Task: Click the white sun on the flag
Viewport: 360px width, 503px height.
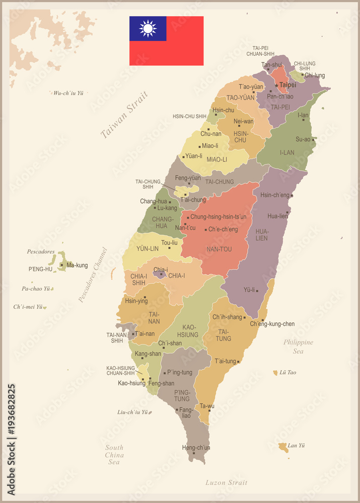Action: point(148,29)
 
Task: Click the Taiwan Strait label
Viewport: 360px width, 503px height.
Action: point(124,115)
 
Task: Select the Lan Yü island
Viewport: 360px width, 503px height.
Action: point(283,447)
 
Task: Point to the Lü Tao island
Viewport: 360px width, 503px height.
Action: point(275,373)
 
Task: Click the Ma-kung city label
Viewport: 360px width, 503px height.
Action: point(77,265)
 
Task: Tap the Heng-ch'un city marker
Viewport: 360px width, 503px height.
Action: point(193,453)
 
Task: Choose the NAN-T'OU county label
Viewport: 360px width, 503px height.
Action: point(219,249)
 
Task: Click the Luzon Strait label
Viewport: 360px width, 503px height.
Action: point(226,483)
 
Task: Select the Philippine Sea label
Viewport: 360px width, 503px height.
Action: point(298,347)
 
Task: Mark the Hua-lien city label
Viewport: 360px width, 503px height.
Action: point(277,216)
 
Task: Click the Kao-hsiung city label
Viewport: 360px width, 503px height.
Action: point(131,383)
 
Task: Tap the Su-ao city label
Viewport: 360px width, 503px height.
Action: point(303,139)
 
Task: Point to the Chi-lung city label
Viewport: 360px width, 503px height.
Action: point(315,75)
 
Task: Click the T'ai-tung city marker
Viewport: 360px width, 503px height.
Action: point(238,362)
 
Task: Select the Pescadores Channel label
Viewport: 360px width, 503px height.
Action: point(93,275)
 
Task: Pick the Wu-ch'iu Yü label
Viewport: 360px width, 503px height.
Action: point(68,93)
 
